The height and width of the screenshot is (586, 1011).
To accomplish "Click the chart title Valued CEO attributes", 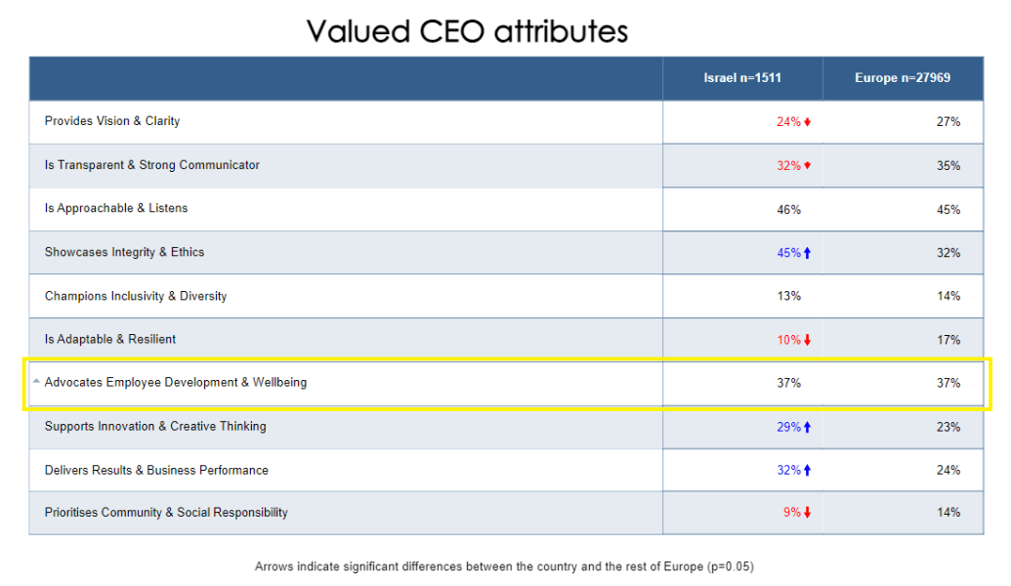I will click(x=467, y=31).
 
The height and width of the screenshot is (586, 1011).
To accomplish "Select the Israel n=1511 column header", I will click(x=742, y=78).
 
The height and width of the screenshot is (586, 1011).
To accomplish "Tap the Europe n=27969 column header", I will click(x=903, y=78).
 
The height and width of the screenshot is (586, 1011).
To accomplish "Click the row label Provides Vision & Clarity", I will click(x=112, y=121).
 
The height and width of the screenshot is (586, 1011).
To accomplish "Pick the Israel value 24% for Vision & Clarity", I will click(x=788, y=122).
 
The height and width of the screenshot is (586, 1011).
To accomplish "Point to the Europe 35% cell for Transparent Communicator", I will click(x=948, y=166).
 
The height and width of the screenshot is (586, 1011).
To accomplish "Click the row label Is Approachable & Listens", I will click(x=116, y=208).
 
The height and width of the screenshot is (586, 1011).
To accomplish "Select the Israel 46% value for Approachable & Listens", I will click(x=789, y=210).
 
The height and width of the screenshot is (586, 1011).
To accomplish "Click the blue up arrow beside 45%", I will click(x=808, y=253).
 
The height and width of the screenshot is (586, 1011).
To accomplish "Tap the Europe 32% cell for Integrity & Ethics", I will click(x=948, y=253).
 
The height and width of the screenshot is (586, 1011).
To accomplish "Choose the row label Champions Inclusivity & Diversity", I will click(x=136, y=296).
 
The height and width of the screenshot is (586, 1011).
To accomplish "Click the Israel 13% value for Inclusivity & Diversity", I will click(x=789, y=296).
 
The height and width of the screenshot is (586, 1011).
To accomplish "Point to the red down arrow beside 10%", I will click(x=808, y=340).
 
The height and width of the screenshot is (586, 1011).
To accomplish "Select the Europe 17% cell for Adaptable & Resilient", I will click(x=948, y=340).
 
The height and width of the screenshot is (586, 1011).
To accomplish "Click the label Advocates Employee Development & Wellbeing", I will click(x=176, y=383).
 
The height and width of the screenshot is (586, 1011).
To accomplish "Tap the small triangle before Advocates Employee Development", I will click(x=36, y=382).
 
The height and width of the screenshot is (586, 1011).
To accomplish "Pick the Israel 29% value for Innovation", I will click(x=788, y=427).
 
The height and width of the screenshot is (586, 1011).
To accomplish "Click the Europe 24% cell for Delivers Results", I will click(x=948, y=470).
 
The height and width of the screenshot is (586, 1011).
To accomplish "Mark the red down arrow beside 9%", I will click(x=808, y=513).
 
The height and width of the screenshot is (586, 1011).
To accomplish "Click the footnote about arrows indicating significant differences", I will click(x=504, y=566).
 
